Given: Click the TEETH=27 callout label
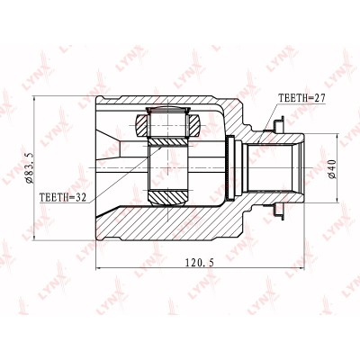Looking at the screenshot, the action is point(301,98).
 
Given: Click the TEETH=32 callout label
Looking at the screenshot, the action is point(63,197).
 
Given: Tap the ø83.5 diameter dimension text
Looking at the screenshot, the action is point(31,164).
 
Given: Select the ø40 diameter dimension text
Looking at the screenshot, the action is point(333,169).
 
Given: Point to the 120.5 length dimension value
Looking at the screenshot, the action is point(199,263).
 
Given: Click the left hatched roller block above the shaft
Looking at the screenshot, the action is point(141,125).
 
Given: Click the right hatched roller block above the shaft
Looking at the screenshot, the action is point(193,125).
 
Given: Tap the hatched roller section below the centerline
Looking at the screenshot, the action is point(168,197).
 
